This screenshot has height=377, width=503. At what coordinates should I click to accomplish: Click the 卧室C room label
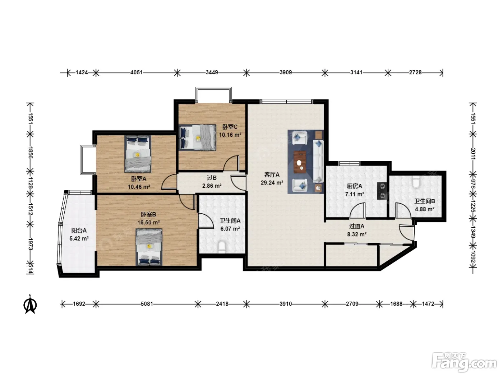click(x=230, y=127)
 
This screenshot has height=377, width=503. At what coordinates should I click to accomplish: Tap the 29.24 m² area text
click(x=272, y=183)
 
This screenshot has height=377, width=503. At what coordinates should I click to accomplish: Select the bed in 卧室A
click(x=138, y=154)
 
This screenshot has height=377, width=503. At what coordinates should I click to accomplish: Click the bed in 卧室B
click(x=149, y=247)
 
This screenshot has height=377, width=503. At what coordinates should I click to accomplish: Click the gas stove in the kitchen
click(x=382, y=190)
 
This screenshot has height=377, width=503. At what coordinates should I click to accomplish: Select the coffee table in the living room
click(x=300, y=162)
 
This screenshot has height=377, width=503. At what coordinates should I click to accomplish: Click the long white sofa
click(x=318, y=161)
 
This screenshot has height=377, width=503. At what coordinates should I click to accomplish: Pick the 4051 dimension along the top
click(x=136, y=73)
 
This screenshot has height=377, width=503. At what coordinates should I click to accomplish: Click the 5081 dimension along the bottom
click(x=147, y=304)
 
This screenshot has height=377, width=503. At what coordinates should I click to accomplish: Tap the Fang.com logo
click(x=464, y=363)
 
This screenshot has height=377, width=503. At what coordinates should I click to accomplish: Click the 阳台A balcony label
click(x=79, y=231)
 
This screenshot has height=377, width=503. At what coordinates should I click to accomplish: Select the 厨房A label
click(x=355, y=186)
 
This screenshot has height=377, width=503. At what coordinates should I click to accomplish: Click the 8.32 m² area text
click(x=357, y=234)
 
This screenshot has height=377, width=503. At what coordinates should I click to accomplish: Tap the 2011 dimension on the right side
click(x=473, y=154)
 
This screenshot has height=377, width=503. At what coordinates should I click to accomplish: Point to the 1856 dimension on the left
click(x=31, y=153)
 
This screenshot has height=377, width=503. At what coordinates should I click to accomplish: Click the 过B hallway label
click(x=212, y=178)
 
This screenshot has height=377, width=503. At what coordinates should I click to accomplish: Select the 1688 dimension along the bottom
click(x=396, y=304)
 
